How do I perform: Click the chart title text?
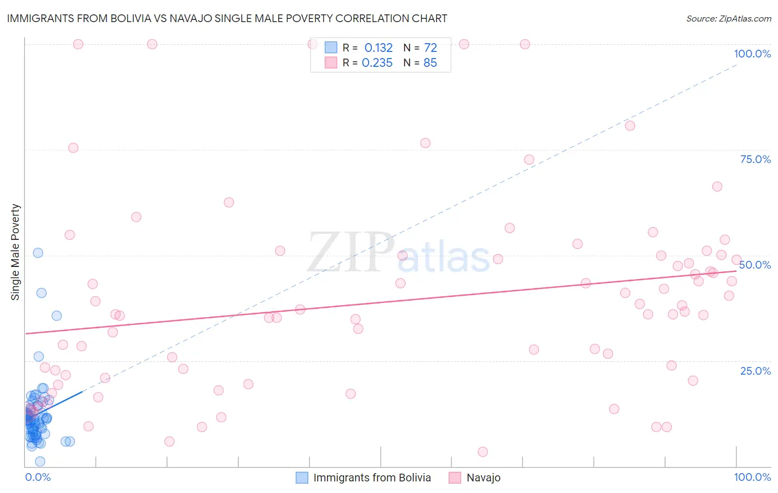point(227,18)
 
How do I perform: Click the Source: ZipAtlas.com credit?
point(728,19)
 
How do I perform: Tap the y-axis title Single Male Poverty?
point(15,252)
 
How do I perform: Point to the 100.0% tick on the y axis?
point(752,54)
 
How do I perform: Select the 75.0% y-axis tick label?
point(755,159)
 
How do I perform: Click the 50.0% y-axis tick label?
point(755,265)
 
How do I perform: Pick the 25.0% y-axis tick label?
point(755,370)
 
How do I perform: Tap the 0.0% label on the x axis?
point(38,477)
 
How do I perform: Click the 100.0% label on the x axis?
point(752,477)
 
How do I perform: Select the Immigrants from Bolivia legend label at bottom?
point(372,478)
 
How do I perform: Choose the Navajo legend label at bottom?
point(483,478)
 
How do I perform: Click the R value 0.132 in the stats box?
point(378,48)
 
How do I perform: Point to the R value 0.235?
point(377,63)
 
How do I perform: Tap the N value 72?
point(430,48)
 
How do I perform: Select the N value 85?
point(430,63)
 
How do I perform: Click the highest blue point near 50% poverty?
point(38,253)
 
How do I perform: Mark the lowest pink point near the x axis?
point(483,452)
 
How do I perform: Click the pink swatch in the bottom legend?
point(455,478)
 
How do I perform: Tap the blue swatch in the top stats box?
point(331,48)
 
